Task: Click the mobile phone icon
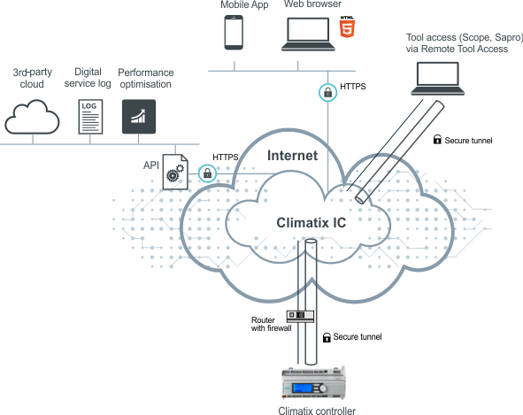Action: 234,33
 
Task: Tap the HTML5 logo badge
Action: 347,27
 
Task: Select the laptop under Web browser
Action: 308,34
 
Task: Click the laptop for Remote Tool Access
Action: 438,79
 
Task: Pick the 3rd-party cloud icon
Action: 32,117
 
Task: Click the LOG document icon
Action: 90,117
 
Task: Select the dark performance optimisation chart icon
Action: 139,117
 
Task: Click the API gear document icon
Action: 175,172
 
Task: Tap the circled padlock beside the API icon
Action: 207,173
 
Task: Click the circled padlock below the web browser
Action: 328,92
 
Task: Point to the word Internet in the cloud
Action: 293,156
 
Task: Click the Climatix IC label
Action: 311,223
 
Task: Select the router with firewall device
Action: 300,316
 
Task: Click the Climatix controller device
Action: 313,383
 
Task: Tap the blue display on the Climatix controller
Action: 302,388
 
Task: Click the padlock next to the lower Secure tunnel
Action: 327,338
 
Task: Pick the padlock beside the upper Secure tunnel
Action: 437,140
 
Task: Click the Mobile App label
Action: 244,4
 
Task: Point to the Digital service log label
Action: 88,78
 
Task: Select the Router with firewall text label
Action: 271,324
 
